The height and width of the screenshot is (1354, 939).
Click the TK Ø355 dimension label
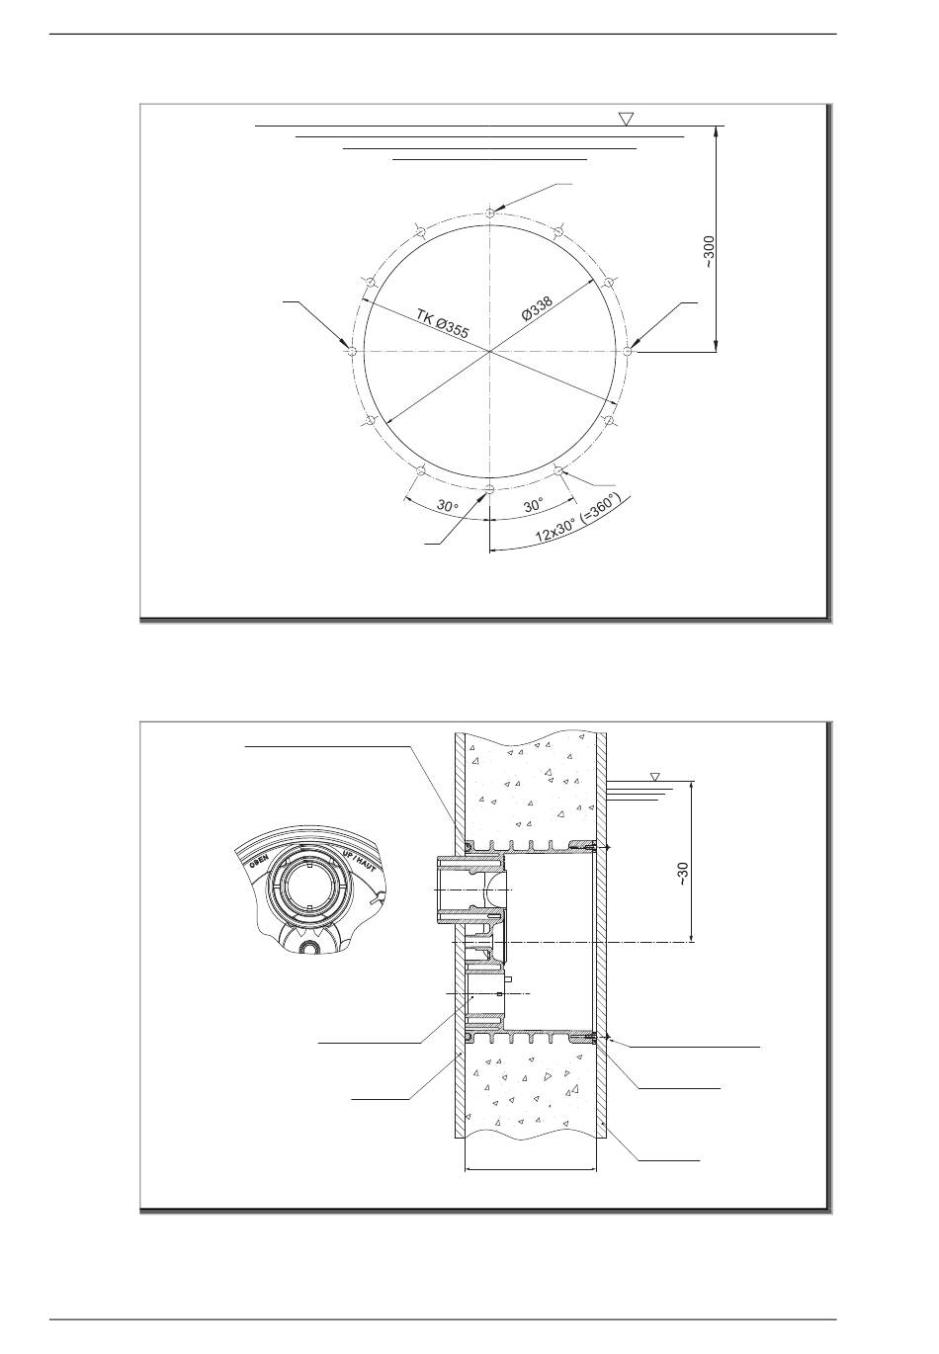(x=442, y=323)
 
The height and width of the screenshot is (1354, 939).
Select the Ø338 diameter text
(x=537, y=307)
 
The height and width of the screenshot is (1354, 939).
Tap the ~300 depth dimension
(x=710, y=252)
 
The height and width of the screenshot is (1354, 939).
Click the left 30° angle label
(x=448, y=505)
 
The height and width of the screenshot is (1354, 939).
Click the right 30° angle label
(x=534, y=505)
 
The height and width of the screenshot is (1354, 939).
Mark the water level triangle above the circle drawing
(x=627, y=119)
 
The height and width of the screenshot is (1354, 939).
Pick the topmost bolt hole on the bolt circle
(x=490, y=212)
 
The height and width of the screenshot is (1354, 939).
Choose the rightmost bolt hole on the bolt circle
(x=628, y=351)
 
